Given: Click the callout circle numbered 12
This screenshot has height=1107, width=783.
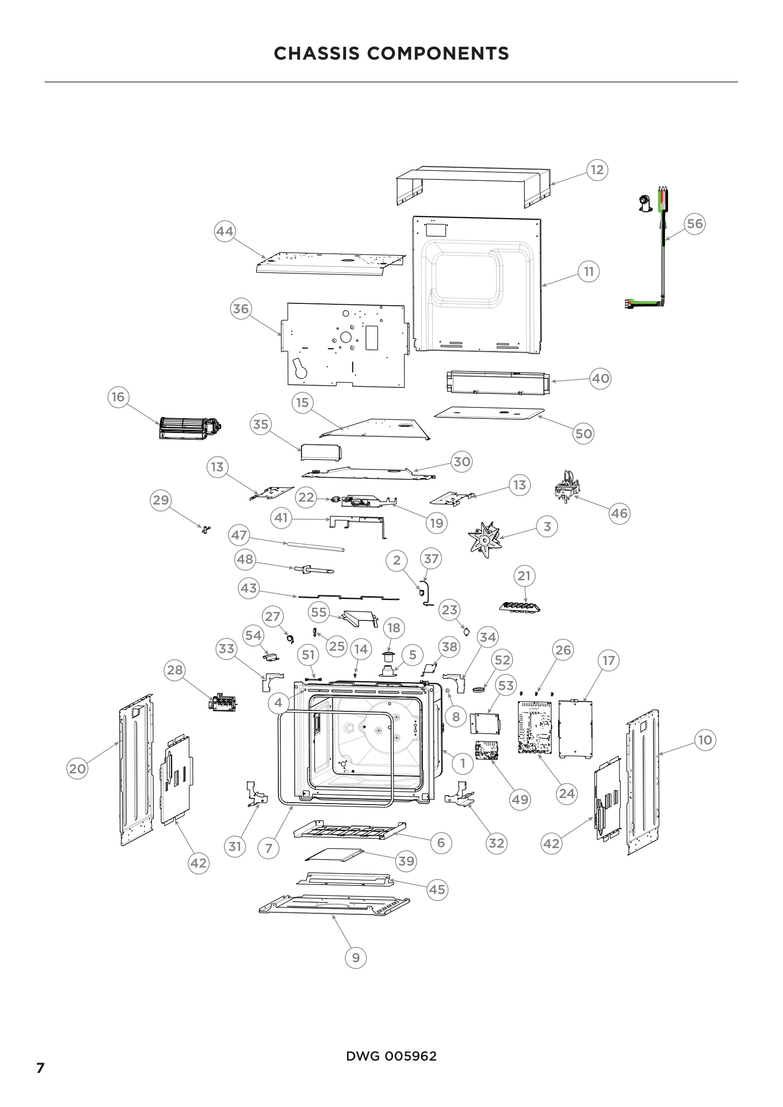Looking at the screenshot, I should (x=597, y=170).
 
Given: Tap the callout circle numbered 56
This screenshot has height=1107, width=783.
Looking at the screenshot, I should (x=694, y=224).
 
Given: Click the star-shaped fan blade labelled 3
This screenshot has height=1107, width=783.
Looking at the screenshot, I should (x=486, y=539).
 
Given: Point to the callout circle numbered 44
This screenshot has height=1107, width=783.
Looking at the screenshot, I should (x=225, y=231).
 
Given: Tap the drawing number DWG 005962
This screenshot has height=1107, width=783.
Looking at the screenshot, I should (x=391, y=1056).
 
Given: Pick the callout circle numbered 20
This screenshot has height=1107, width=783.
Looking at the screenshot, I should (x=77, y=769).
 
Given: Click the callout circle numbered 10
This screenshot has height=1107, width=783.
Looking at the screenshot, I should (x=705, y=740).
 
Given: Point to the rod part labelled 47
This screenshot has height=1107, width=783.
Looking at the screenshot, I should (x=316, y=546).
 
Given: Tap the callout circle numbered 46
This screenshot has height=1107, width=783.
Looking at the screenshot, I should (x=619, y=514).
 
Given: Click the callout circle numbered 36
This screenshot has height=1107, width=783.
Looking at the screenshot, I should (x=241, y=309).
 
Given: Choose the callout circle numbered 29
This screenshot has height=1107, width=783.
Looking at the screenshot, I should (x=160, y=500).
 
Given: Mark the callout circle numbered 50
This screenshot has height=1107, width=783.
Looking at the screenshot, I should (x=583, y=434).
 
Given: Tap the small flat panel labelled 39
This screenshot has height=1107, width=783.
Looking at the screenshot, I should (x=334, y=855).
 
